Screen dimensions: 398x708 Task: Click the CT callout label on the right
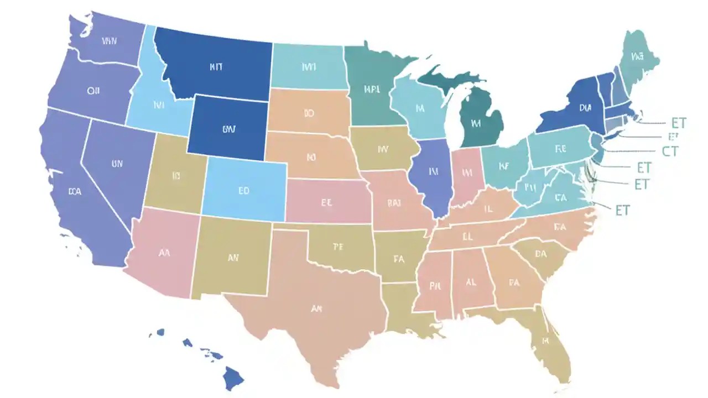coord(669,150)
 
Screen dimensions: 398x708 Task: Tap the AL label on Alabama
coord(471,281)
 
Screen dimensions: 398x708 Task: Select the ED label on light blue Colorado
coord(244,191)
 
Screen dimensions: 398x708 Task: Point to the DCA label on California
coord(75,192)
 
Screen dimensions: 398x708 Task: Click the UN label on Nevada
coord(117,164)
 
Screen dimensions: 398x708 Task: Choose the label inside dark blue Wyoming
coord(228,129)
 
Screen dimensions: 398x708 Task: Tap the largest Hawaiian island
coord(233,379)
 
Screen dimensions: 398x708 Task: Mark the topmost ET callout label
coord(678,123)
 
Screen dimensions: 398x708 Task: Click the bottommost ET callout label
coord(622,210)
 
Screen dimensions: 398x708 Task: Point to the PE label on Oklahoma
coord(338,247)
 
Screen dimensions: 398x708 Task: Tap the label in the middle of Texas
coord(316,309)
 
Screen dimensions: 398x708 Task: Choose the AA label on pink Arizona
coord(164,253)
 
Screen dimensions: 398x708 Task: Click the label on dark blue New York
coord(585,109)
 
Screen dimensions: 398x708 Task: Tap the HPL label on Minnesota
coord(372,88)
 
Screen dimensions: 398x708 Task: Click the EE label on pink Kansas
coord(326,202)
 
